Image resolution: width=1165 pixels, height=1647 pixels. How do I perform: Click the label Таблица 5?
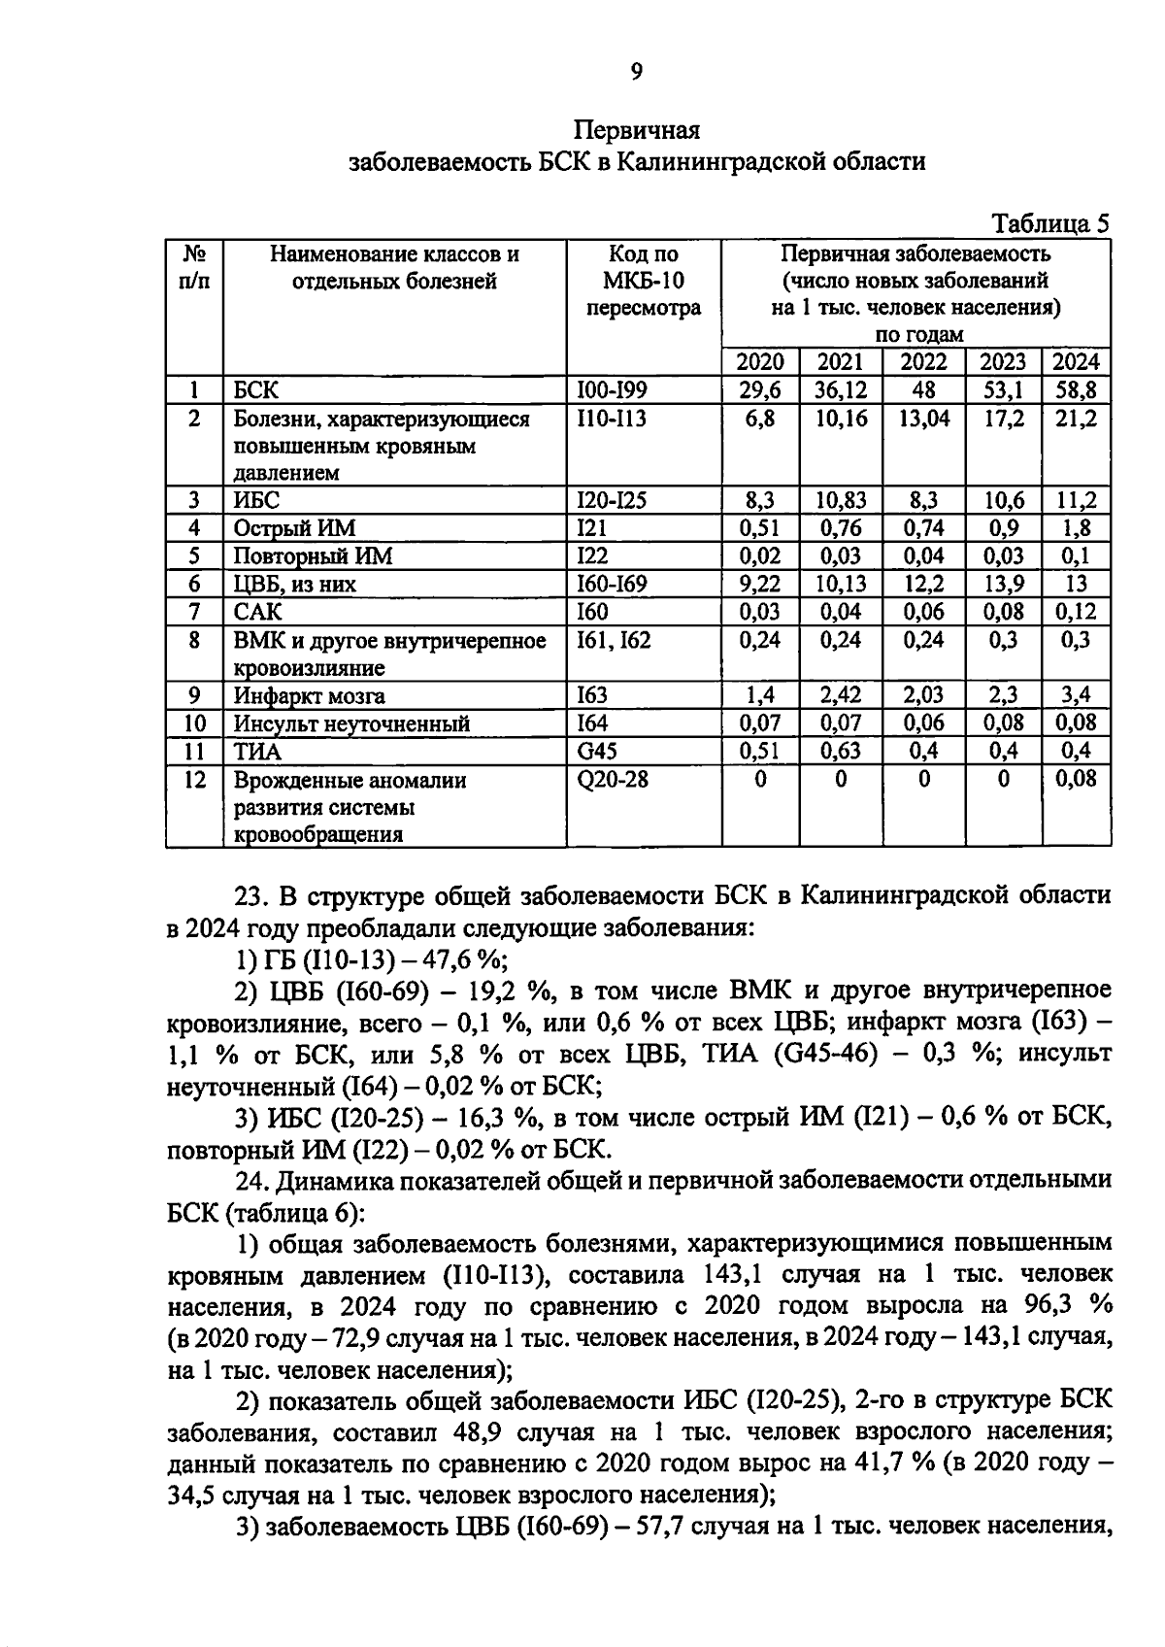(x=1050, y=224)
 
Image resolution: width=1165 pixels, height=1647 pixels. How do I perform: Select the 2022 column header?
(x=923, y=362)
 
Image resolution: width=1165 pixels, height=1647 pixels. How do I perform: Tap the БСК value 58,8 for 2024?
(x=1076, y=390)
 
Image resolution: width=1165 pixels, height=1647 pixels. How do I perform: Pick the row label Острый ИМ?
(x=294, y=528)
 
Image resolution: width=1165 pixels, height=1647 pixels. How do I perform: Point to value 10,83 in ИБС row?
(x=841, y=500)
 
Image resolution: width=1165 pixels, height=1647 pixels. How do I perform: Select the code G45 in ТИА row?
(x=597, y=751)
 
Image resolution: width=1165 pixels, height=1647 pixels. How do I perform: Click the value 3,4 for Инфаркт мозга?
(x=1076, y=695)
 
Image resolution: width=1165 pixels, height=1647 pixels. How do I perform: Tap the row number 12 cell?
(x=194, y=780)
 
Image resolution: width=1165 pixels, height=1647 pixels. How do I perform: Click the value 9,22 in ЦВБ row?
(x=760, y=584)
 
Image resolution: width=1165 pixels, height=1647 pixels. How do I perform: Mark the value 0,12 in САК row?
(x=1076, y=612)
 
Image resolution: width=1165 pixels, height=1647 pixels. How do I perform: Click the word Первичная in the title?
(x=637, y=129)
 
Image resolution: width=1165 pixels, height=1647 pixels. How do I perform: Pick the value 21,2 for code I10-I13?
(x=1076, y=419)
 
